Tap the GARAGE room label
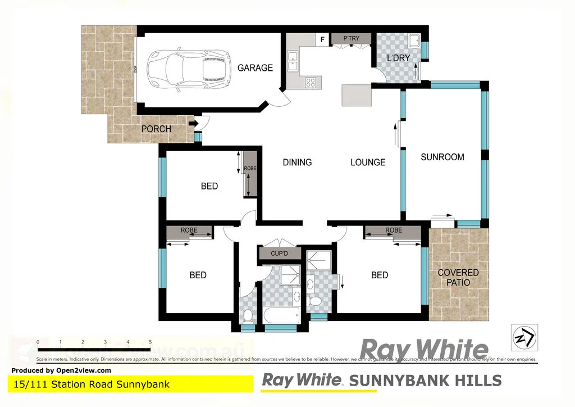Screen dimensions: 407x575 click(255, 68)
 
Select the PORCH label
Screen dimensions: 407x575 click(156, 129)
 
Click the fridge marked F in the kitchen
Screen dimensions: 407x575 click(322, 39)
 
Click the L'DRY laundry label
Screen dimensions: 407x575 click(399, 58)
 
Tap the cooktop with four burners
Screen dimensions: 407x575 click(311, 82)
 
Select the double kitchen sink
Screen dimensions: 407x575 click(293, 61)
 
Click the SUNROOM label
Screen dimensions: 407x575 click(442, 157)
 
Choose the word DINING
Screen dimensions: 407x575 click(297, 162)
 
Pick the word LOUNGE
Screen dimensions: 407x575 click(368, 162)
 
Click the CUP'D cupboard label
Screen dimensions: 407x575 click(280, 254)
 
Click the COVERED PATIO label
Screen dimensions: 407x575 click(458, 277)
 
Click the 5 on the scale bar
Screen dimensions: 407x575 click(150, 342)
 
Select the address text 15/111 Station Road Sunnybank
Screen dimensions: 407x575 click(90, 385)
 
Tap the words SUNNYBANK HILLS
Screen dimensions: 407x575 click(425, 381)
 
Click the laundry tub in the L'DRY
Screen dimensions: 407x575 click(414, 40)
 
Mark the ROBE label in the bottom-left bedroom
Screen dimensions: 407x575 click(189, 230)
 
